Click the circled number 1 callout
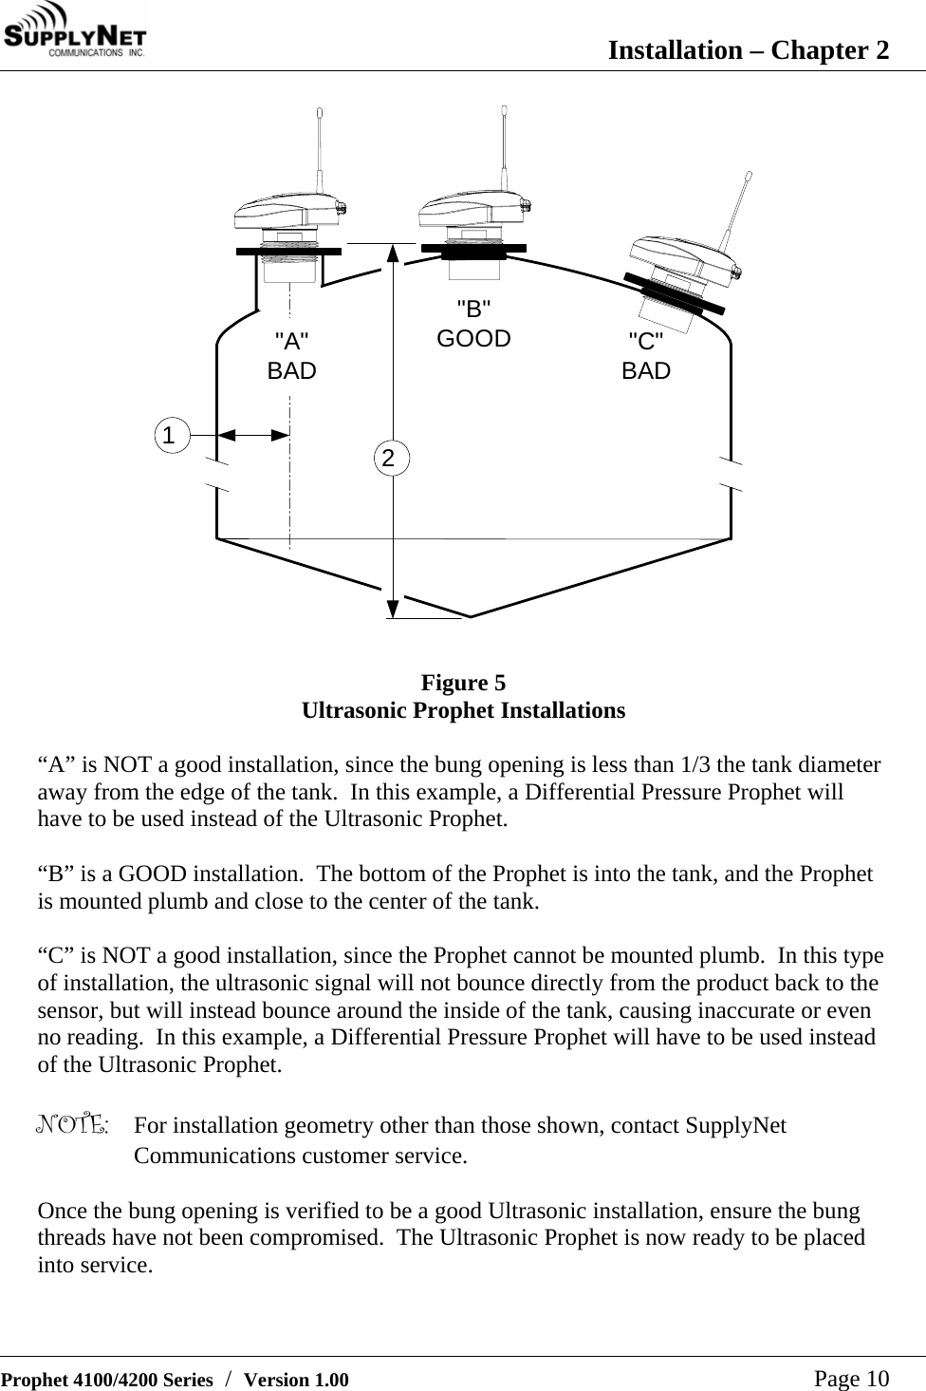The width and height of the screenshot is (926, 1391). pos(169,436)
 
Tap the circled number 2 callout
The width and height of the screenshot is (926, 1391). pos(388,458)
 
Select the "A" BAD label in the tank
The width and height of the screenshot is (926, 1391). pos(291,356)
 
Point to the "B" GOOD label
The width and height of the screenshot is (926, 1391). pos(473,324)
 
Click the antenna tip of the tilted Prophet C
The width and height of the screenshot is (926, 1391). pos(749,176)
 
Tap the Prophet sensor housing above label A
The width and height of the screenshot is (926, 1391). pos(288,215)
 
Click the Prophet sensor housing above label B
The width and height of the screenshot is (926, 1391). pos(472,212)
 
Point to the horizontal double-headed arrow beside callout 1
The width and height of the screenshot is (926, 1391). pos(253,435)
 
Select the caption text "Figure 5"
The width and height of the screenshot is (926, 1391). pos(463,683)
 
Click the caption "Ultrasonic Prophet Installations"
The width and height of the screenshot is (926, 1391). pos(463,710)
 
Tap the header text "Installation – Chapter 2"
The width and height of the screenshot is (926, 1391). pos(748,49)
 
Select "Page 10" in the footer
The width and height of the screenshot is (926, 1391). pos(851,1378)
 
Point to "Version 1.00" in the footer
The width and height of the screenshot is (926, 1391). pos(296,1380)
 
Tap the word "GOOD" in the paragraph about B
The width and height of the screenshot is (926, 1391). pos(157,874)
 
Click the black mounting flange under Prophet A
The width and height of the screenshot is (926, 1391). pos(288,251)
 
